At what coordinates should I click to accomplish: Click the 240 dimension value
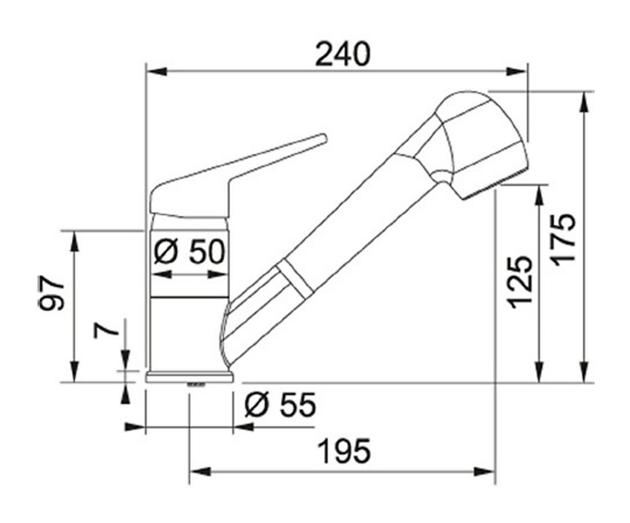click(x=342, y=54)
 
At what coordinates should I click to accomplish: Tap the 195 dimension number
click(x=344, y=451)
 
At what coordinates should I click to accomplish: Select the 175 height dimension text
click(x=563, y=239)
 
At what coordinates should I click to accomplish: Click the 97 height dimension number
click(x=51, y=294)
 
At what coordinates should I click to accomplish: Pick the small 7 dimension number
click(x=105, y=330)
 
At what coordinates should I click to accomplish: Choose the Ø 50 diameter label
click(x=189, y=252)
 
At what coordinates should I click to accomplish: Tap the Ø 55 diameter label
click(x=281, y=404)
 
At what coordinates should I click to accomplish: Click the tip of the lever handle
click(x=322, y=139)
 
